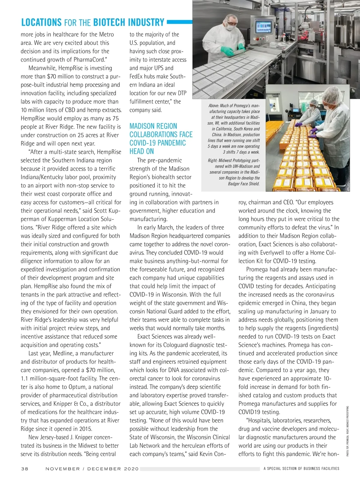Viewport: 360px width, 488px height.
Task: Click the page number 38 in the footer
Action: [25, 468]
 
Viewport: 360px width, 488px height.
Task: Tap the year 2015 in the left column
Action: [85, 429]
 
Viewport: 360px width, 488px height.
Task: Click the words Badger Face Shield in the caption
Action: [244, 184]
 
